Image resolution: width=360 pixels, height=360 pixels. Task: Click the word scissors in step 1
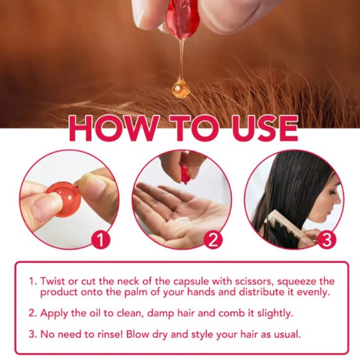[251, 281]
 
